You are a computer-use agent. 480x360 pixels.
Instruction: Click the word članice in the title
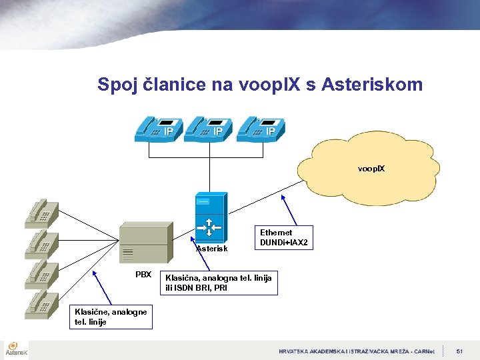tap(171, 85)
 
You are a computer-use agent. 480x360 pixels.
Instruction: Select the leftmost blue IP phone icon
tap(156, 128)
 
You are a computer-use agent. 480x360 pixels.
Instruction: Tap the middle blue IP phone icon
tap(206, 128)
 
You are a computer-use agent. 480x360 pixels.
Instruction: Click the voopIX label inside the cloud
tap(371, 169)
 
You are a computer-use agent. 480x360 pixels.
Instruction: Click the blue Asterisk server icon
tap(210, 217)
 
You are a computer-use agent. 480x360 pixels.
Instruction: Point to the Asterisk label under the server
tap(211, 249)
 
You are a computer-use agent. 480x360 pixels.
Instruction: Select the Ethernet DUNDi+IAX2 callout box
tap(283, 238)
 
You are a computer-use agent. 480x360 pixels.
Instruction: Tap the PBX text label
tap(143, 275)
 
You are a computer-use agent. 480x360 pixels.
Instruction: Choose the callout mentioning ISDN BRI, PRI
tap(219, 283)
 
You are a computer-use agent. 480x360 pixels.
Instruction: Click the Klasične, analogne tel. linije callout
tap(111, 316)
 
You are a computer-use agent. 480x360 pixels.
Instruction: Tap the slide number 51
tap(459, 351)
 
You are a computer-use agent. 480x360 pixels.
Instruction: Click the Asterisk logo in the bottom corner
tap(16, 349)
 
